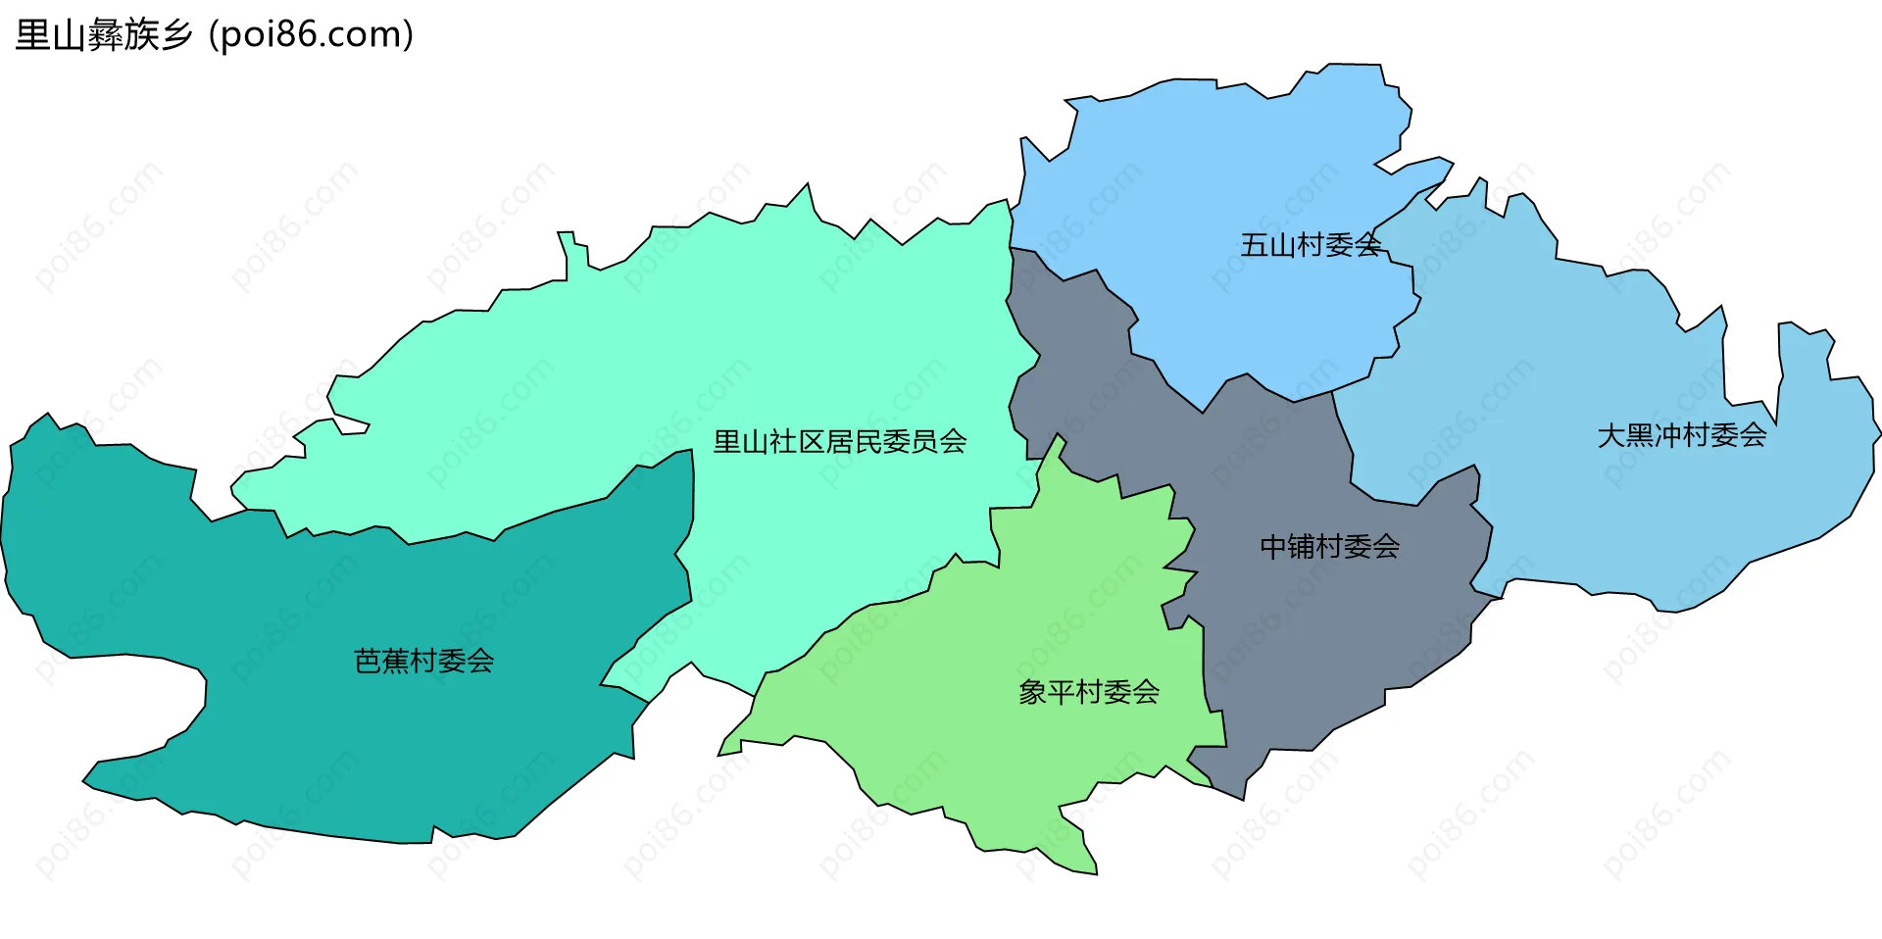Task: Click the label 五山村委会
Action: click(x=1311, y=245)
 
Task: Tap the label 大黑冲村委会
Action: click(x=1682, y=435)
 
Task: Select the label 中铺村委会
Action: click(x=1329, y=547)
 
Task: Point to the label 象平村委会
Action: click(x=1089, y=693)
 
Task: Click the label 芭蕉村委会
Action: click(x=423, y=662)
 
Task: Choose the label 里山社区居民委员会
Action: click(x=840, y=442)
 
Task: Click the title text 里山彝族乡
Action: click(x=104, y=35)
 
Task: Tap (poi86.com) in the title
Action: click(x=312, y=35)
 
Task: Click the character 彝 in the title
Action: click(x=104, y=35)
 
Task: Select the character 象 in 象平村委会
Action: click(x=1033, y=693)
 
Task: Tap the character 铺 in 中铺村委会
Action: click(x=1301, y=547)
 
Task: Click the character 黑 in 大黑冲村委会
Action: click(x=1640, y=435)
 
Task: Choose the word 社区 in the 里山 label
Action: click(x=797, y=442)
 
